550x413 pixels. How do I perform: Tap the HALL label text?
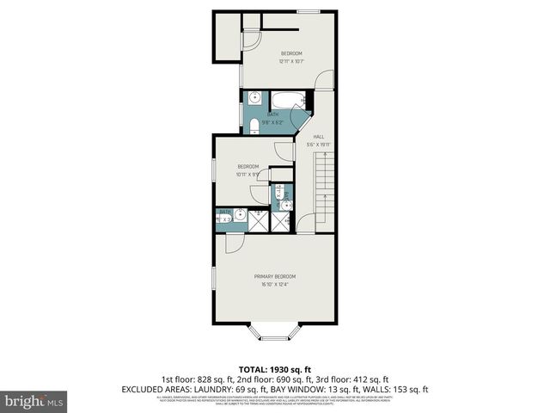318,137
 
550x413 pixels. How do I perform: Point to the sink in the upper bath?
255,97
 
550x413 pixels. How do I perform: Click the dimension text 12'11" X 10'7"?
291,61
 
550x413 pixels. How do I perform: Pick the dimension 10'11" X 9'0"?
248,174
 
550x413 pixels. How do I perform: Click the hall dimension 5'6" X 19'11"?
319,145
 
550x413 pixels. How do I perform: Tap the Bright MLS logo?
34,401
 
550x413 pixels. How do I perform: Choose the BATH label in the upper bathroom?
272,114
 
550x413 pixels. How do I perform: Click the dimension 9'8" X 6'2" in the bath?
272,121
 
